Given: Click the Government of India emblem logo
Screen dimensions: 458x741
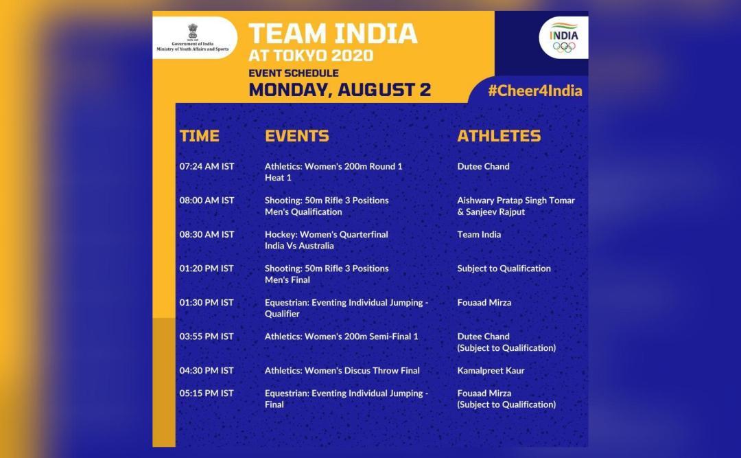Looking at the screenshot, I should pyautogui.click(x=193, y=31).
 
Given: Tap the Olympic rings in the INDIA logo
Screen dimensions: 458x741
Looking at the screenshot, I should pyautogui.click(x=564, y=47).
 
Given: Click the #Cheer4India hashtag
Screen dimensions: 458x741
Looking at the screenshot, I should pyautogui.click(x=534, y=91).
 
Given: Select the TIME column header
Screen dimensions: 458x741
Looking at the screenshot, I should pyautogui.click(x=200, y=136).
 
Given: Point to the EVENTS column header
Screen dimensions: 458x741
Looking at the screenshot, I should pyautogui.click(x=296, y=136).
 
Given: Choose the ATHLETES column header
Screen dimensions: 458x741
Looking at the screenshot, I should pyautogui.click(x=499, y=136).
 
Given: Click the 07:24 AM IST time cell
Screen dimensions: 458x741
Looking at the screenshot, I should pyautogui.click(x=207, y=166).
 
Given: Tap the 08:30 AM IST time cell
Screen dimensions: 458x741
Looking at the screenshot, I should pyautogui.click(x=207, y=234).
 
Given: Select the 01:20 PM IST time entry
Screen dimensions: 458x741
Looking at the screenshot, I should pyautogui.click(x=207, y=268).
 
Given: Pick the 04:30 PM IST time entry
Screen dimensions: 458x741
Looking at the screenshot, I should pyautogui.click(x=207, y=371).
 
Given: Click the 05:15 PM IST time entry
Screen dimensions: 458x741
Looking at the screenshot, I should pyautogui.click(x=207, y=393).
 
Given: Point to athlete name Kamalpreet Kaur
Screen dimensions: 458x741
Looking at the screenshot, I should pyautogui.click(x=491, y=371).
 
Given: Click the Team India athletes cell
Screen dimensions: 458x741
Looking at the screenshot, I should pyautogui.click(x=479, y=234).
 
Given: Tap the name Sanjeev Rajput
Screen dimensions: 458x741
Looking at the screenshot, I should pyautogui.click(x=492, y=212).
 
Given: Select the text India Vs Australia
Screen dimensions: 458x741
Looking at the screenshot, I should pyautogui.click(x=299, y=246).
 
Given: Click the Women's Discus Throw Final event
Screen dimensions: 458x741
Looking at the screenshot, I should pyautogui.click(x=342, y=371).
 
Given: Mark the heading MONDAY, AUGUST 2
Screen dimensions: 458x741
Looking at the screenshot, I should pyautogui.click(x=340, y=89).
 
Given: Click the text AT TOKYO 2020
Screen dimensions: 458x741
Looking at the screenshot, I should pyautogui.click(x=311, y=55).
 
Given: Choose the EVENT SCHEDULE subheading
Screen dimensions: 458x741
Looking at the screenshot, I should pyautogui.click(x=294, y=73).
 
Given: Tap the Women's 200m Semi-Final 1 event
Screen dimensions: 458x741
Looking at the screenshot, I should pyautogui.click(x=341, y=336).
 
